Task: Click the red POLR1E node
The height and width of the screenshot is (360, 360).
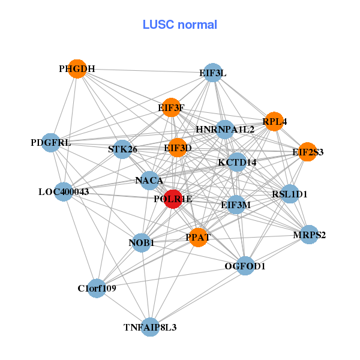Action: point(173,200)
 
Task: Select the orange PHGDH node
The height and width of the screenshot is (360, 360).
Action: point(77,69)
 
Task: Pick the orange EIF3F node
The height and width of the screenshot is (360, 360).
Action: point(171,107)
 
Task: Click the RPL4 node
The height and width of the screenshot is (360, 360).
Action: point(274,121)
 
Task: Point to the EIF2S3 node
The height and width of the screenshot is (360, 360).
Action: point(307,152)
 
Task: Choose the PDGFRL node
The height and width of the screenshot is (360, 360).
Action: point(52,143)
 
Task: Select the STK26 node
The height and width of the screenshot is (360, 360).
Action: point(122,149)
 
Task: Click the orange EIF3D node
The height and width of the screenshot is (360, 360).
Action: point(178,148)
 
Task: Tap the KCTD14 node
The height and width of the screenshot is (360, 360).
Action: point(237,162)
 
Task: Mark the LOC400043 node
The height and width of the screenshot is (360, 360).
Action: point(64,192)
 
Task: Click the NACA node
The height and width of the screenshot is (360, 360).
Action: point(149,180)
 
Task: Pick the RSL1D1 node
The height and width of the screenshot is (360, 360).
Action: point(290,194)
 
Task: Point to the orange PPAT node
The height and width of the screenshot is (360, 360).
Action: point(197,238)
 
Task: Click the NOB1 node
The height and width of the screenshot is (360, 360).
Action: point(142,243)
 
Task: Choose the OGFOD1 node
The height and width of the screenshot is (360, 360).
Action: point(245,265)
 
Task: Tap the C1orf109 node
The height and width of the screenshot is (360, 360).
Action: point(97,288)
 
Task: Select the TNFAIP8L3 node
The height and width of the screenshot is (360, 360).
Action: point(150,327)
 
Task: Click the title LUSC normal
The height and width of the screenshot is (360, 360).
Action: point(180,25)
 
